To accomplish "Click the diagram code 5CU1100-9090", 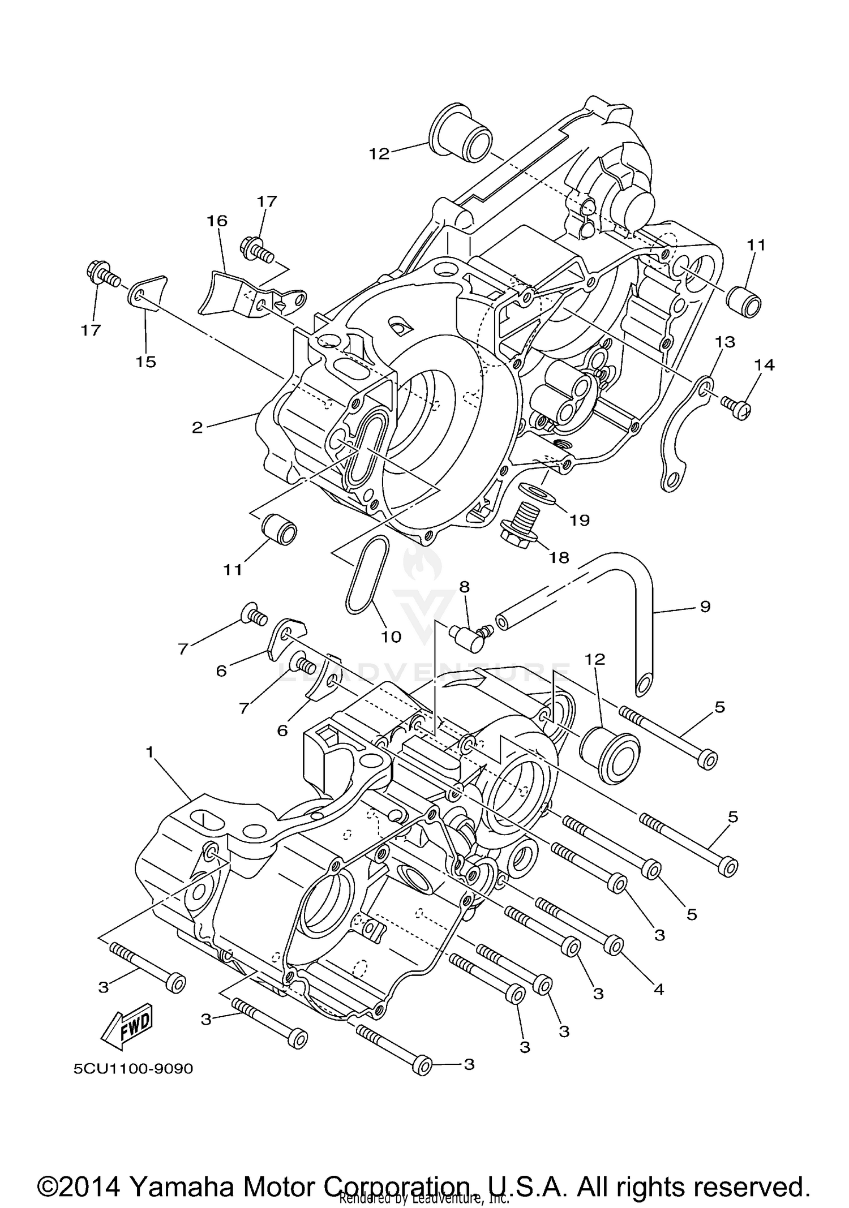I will pos(133,1069).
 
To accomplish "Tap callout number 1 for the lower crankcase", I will pos(149,752).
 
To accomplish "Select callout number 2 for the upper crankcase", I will pos(197,428).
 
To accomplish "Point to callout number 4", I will pos(658,989).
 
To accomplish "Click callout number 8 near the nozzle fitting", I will pos(464,587).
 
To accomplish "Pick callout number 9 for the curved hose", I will pos(705,607).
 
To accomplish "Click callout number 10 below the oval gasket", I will pos(391,637).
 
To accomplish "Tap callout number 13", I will pos(725,342).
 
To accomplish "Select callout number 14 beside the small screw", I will pos(764,365).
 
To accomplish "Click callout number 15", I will pos(145,362).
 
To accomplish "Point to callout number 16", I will pos(217,221).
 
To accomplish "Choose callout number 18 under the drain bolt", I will pos(559,557).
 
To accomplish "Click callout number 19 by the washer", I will pos(580,519).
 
